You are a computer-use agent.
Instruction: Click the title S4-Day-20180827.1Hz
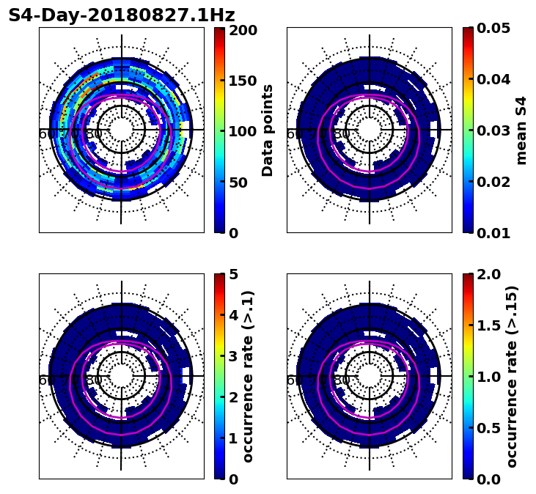tap(122, 15)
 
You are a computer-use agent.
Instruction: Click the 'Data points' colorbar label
tap(268, 130)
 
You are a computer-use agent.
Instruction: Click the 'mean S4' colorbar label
tap(521, 130)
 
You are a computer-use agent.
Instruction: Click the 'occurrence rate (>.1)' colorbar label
tap(249, 376)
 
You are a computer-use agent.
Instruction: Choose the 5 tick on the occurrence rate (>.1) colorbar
tap(233, 275)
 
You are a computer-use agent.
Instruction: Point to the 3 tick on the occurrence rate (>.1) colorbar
tap(233, 356)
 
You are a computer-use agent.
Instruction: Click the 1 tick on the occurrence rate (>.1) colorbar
tap(233, 438)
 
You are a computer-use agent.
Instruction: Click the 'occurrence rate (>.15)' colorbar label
tap(512, 376)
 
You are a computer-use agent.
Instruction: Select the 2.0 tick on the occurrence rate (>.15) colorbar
tap(486, 274)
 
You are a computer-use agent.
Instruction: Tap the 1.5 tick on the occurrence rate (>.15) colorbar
tap(486, 325)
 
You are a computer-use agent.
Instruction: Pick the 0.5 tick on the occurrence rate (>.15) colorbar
tap(486, 428)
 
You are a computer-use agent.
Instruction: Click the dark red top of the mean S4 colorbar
tap(467, 30)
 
